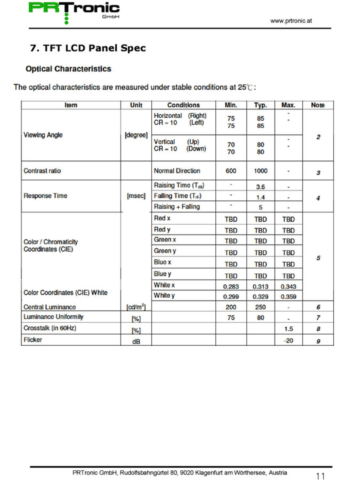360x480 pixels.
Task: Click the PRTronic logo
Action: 74,11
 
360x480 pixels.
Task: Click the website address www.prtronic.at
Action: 291,21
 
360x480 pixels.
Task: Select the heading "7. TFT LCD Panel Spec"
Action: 88,48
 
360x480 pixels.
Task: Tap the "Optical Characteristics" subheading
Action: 68,69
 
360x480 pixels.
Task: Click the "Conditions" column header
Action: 183,105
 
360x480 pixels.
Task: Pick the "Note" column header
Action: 318,105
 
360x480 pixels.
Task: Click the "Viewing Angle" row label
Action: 43,135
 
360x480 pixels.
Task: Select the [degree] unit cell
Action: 136,135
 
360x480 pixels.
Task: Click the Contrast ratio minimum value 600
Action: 231,171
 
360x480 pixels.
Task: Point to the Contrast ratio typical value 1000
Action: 260,171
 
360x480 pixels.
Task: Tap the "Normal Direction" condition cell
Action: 177,171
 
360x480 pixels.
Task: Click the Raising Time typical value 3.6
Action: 260,187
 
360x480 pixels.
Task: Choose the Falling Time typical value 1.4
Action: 260,197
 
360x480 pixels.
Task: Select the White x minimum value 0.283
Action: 231,287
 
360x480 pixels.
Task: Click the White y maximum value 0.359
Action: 288,297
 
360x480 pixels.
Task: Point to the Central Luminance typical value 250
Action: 260,307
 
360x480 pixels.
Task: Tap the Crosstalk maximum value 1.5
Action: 288,329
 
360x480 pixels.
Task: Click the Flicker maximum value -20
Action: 288,340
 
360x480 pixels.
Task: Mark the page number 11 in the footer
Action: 320,476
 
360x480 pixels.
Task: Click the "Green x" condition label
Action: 165,240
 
